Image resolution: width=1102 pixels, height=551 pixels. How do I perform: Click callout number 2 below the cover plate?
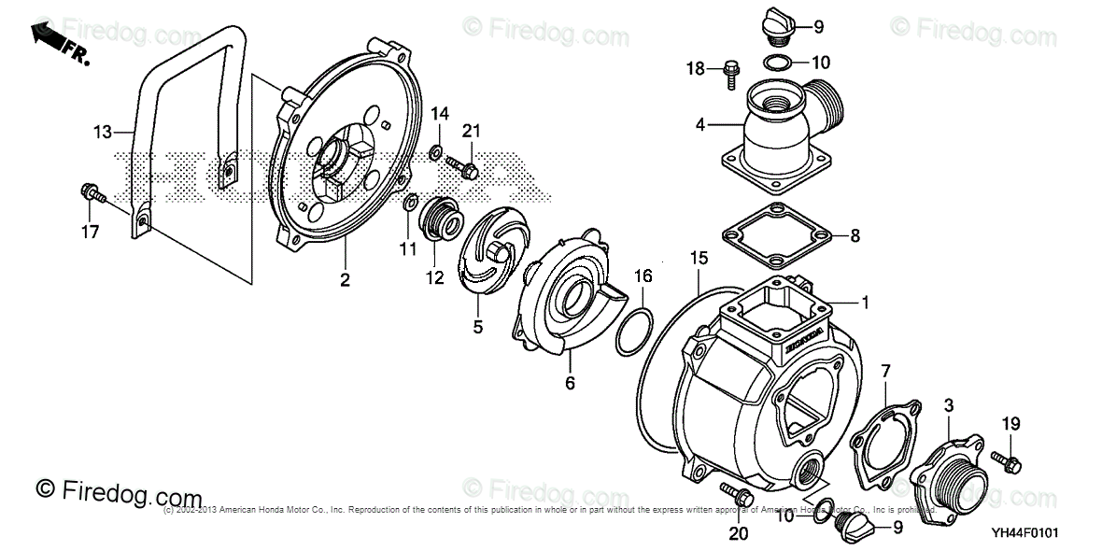click(x=345, y=279)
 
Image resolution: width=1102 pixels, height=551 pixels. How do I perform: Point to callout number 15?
click(x=696, y=257)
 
